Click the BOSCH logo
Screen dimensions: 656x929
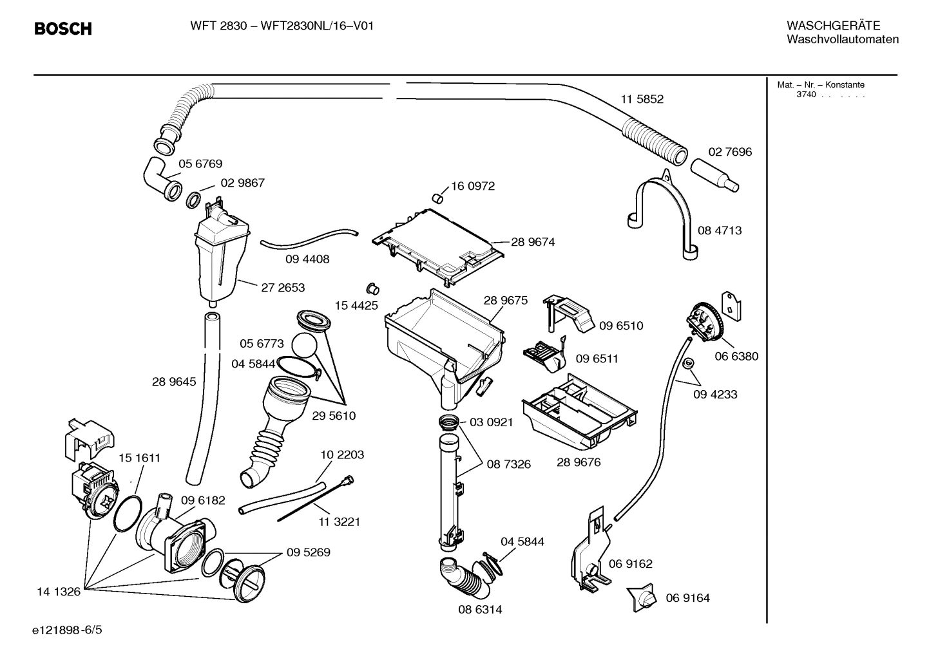click(62, 29)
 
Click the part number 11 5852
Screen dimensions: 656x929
click(642, 99)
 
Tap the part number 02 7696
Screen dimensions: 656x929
click(730, 152)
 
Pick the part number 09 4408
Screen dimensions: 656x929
click(307, 259)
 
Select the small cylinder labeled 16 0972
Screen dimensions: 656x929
click(438, 196)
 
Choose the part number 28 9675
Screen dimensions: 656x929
click(505, 301)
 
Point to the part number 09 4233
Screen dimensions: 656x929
click(715, 394)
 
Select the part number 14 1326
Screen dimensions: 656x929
click(59, 591)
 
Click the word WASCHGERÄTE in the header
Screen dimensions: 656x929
click(833, 25)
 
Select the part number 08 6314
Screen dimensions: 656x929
click(480, 609)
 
